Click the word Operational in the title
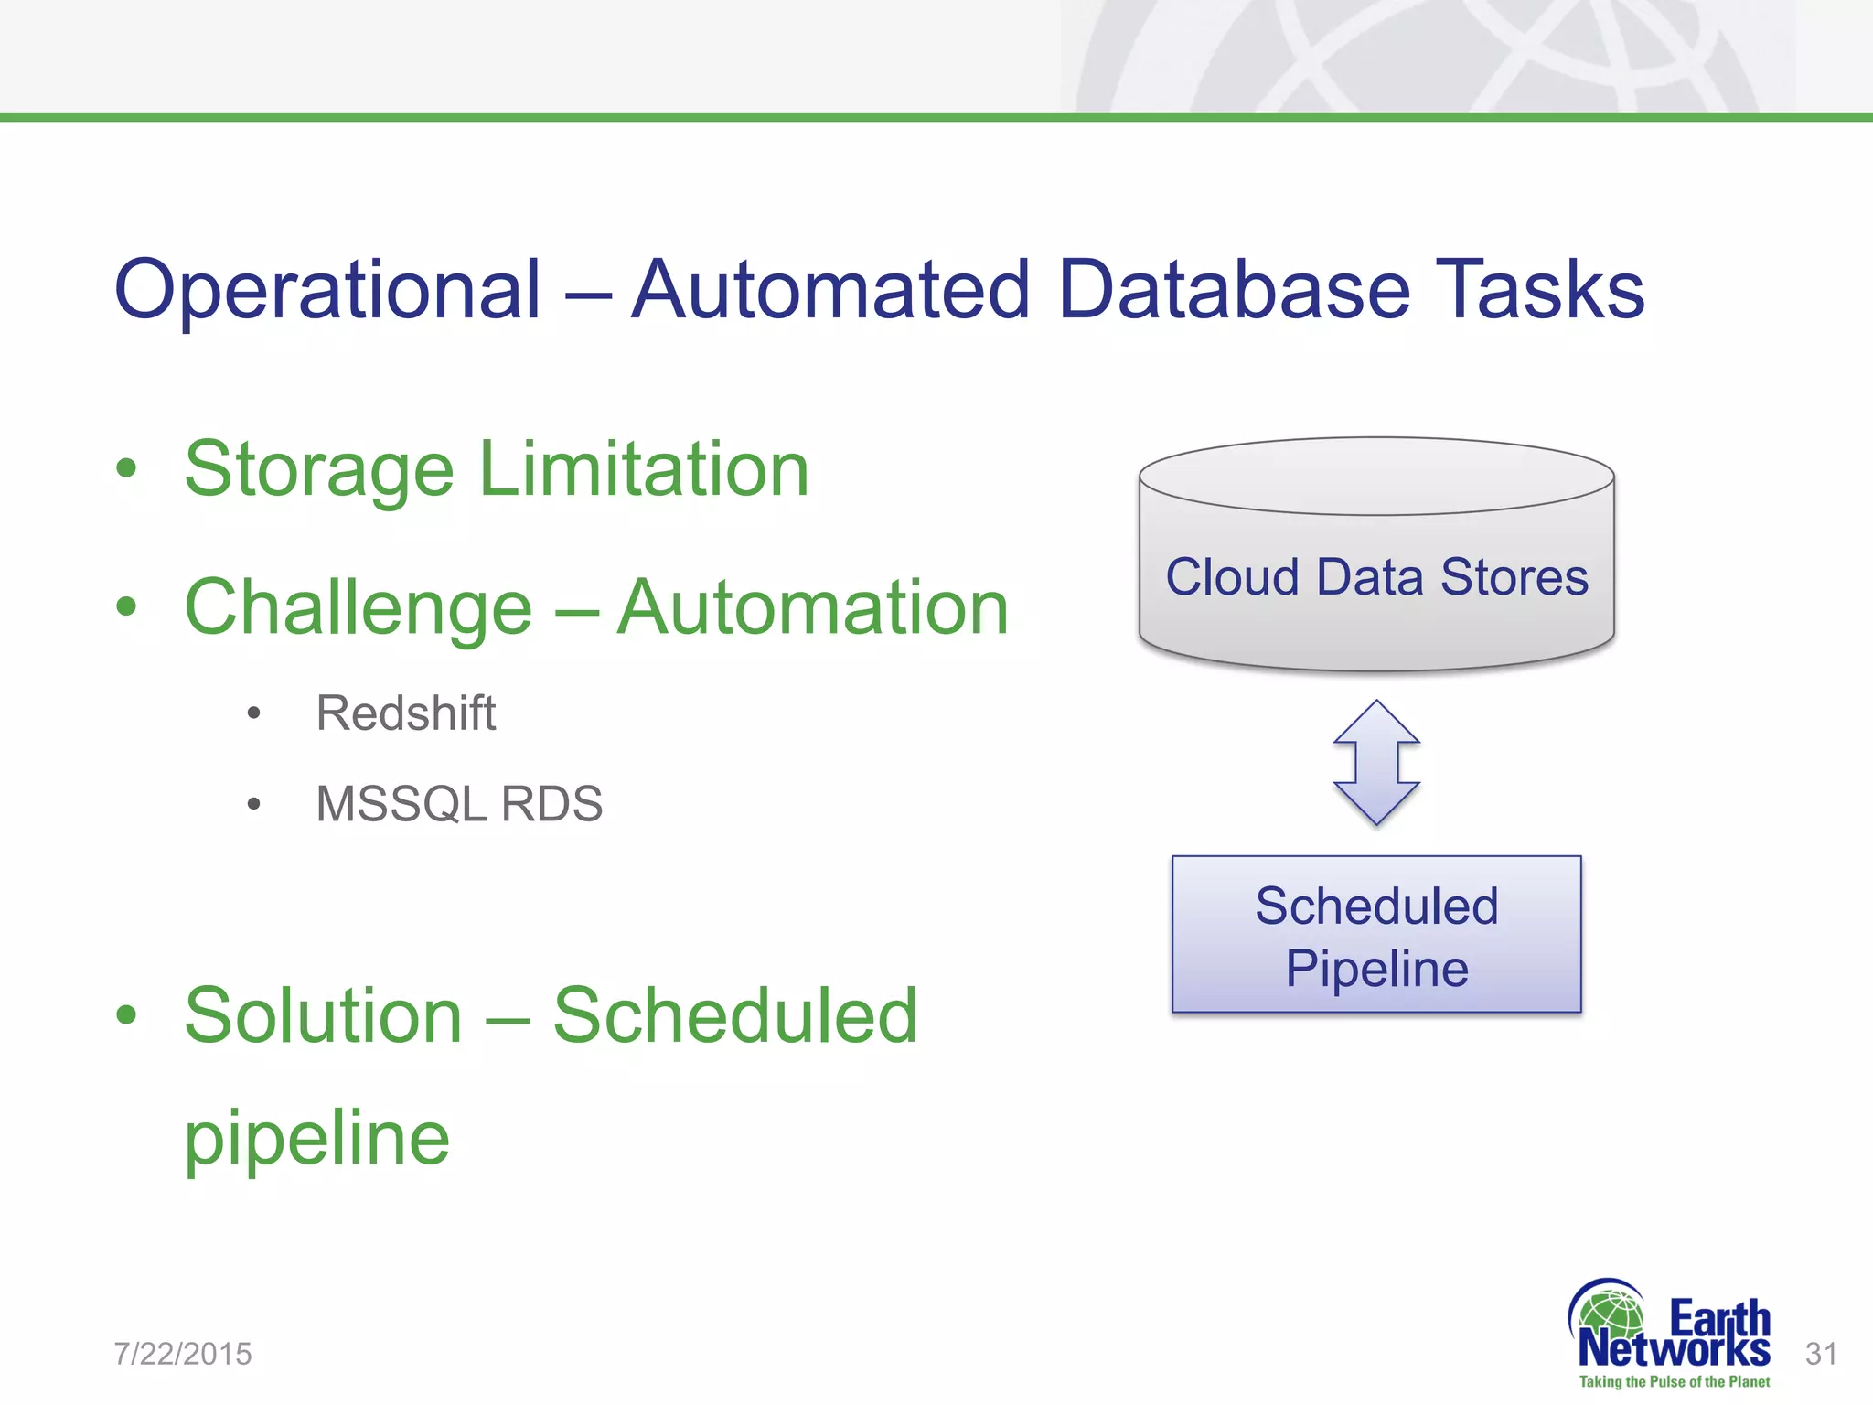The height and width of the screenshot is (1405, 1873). [x=327, y=290]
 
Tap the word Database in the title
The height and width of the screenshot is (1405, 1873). [x=1234, y=290]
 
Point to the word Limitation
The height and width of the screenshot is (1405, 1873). [x=644, y=468]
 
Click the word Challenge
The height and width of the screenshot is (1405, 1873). [x=358, y=609]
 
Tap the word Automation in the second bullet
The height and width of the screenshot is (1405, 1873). [x=812, y=607]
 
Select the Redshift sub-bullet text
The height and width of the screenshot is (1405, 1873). [x=405, y=713]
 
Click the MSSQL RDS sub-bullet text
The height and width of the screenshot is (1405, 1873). [x=459, y=804]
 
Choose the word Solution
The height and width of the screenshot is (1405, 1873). [x=323, y=1015]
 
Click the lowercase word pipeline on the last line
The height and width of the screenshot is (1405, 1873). [x=316, y=1139]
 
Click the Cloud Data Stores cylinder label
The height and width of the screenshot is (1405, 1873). [x=1376, y=577]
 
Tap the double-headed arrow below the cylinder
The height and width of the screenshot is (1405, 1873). [x=1376, y=763]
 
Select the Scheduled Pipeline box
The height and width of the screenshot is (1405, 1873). [x=1376, y=935]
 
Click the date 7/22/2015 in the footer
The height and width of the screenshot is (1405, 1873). [x=183, y=1354]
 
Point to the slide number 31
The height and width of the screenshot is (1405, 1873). [x=1821, y=1354]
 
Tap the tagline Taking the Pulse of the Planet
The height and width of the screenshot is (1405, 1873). [x=1674, y=1382]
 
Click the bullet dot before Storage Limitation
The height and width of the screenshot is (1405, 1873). [x=126, y=469]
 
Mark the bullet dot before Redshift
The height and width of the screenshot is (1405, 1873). [x=254, y=713]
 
